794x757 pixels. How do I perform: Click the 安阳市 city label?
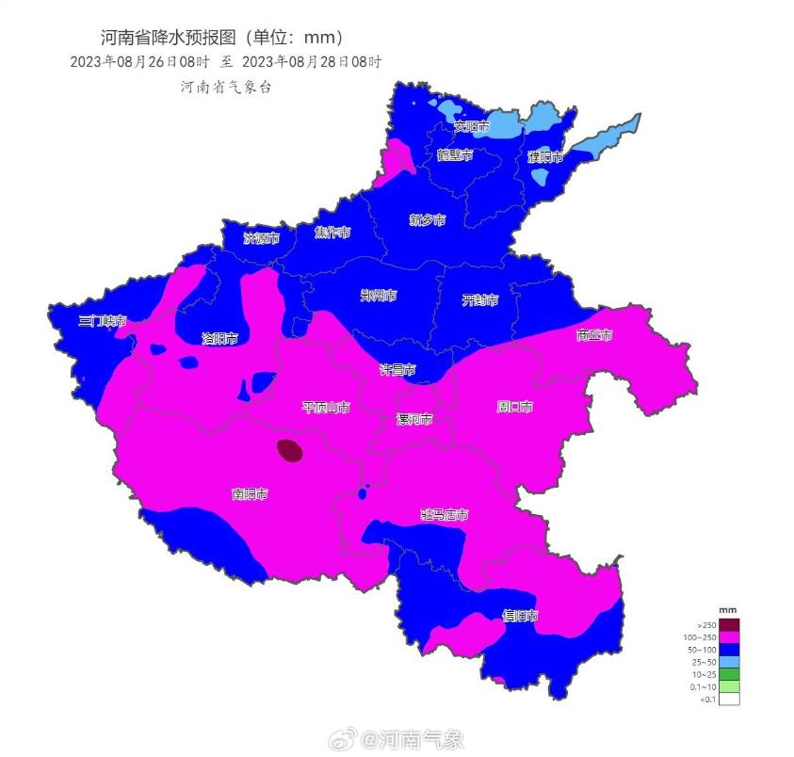tap(471, 126)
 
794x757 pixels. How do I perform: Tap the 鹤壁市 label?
tap(454, 155)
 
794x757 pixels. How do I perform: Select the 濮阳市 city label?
tap(544, 156)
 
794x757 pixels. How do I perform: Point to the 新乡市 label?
tap(427, 220)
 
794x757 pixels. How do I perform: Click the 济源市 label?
tap(261, 238)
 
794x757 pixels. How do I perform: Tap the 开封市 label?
tap(479, 300)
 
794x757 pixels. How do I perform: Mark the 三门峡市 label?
tap(102, 321)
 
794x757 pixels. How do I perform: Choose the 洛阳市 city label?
tap(219, 338)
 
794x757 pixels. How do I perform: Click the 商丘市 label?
tap(594, 335)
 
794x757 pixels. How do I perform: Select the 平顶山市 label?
tap(326, 408)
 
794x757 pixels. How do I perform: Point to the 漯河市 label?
tap(414, 419)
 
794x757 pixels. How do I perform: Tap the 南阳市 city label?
tap(250, 493)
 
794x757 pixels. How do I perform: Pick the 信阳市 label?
tap(520, 616)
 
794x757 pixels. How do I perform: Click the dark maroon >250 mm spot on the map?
tap(291, 451)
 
